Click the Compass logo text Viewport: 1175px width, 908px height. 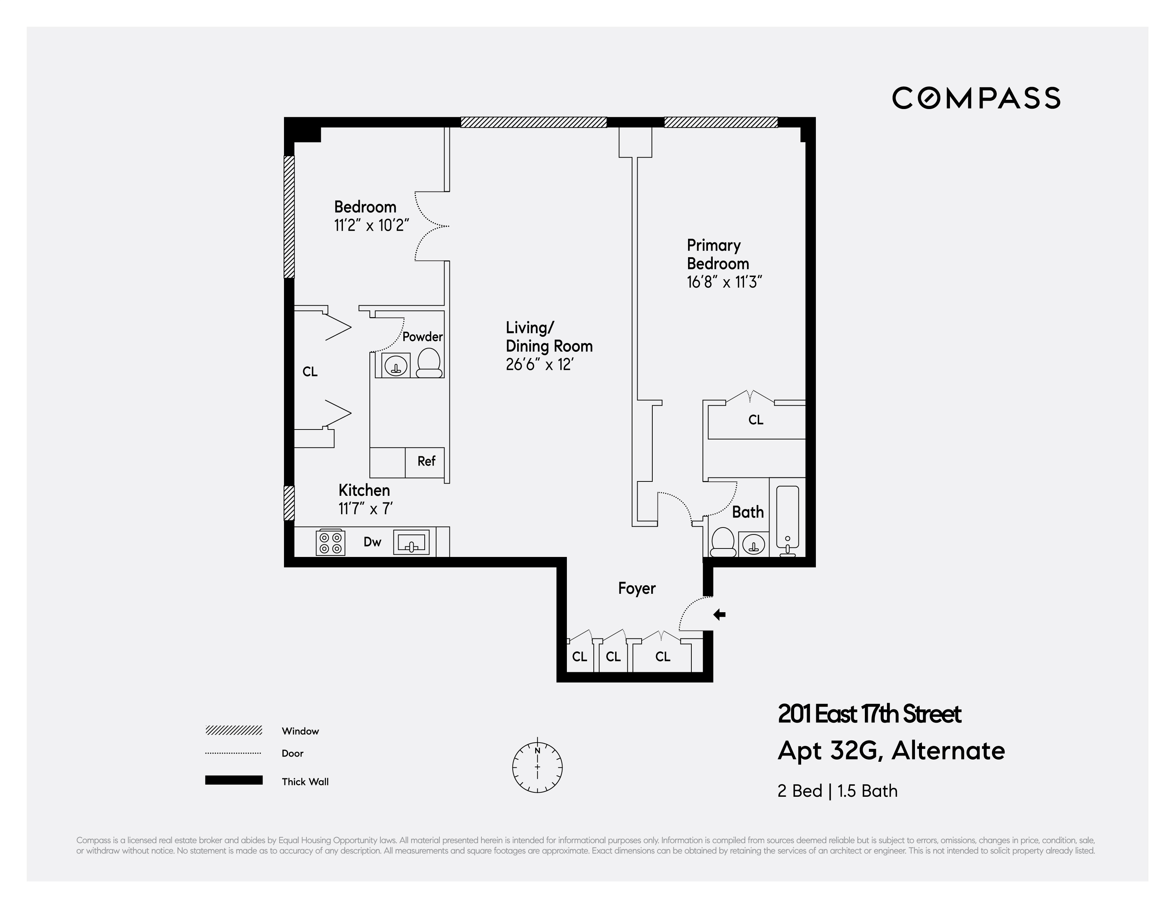click(x=976, y=98)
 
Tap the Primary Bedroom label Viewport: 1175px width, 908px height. click(x=718, y=255)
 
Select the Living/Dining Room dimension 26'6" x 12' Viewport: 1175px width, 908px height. click(x=539, y=365)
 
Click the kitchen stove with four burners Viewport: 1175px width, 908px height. click(x=330, y=543)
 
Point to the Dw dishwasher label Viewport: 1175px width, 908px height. click(x=372, y=542)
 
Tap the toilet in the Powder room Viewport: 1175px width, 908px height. click(x=429, y=363)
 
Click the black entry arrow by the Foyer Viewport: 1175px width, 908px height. click(x=719, y=614)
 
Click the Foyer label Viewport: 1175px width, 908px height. click(x=636, y=589)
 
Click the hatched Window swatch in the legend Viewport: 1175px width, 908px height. click(x=234, y=730)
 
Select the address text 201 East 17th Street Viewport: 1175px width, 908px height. click(x=869, y=714)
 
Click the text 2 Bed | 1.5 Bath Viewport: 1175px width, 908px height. click(x=837, y=791)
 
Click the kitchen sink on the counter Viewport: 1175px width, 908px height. click(x=411, y=542)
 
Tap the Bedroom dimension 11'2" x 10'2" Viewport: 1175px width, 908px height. click(x=371, y=225)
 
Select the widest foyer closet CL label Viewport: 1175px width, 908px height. click(x=663, y=657)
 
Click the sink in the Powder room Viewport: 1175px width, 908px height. click(x=396, y=366)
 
